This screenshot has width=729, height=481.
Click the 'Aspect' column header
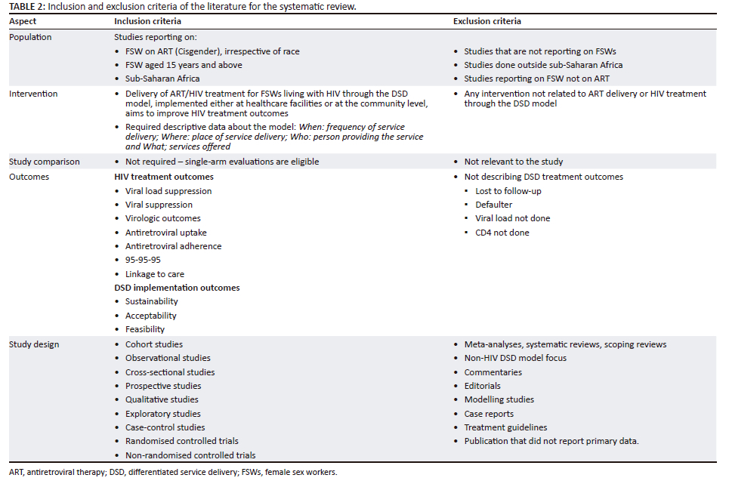23,21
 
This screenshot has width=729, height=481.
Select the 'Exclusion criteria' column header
487,21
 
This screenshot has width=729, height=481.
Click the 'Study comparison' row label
44,162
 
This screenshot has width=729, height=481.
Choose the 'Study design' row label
34,344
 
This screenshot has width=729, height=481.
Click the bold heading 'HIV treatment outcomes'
163,177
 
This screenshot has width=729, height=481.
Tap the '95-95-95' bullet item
143,260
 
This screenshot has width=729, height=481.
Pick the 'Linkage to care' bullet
154,274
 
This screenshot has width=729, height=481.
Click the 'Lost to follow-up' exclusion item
508,191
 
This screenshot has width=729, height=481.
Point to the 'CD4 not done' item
502,233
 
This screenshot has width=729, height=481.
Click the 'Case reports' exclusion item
489,414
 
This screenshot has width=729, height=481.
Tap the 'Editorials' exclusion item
482,386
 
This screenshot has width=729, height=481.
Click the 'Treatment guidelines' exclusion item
505,427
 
